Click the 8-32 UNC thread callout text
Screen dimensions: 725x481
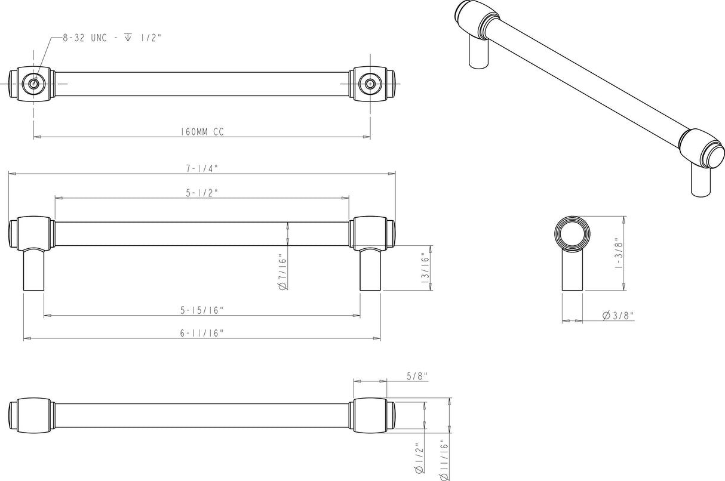pyautogui.click(x=112, y=38)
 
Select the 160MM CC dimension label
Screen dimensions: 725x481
pyautogui.click(x=202, y=132)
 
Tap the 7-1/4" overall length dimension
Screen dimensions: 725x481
pyautogui.click(x=202, y=168)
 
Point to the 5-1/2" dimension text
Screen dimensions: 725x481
pyautogui.click(x=202, y=193)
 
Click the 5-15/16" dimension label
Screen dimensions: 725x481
pyautogui.click(x=202, y=310)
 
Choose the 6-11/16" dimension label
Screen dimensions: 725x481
pyautogui.click(x=202, y=333)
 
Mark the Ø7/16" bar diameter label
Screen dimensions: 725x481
pyautogui.click(x=282, y=272)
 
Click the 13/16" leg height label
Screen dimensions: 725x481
pyautogui.click(x=425, y=268)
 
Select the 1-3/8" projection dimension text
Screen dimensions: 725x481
pyautogui.click(x=618, y=253)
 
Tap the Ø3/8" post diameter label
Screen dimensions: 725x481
pyautogui.click(x=618, y=315)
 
